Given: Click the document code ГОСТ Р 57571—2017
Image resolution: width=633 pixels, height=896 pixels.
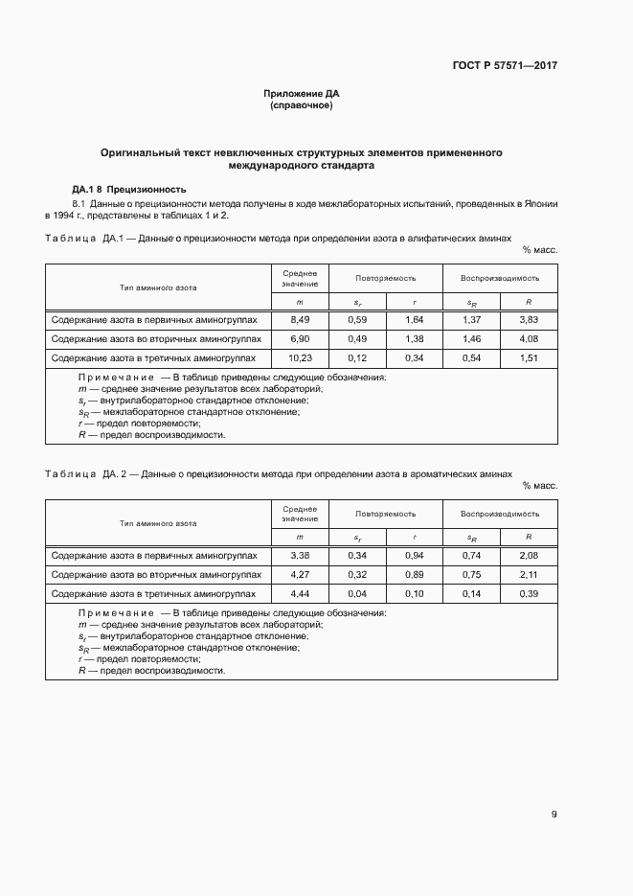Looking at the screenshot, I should tap(504, 66).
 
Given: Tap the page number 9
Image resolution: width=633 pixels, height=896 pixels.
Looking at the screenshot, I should tap(554, 815).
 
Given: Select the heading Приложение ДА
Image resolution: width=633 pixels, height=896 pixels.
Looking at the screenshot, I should tap(302, 94).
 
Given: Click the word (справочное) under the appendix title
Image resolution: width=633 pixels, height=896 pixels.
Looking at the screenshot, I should tap(302, 105).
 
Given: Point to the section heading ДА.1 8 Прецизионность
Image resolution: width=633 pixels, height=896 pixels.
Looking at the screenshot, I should tap(128, 189).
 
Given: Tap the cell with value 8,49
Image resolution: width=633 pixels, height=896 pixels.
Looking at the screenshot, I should tap(300, 319).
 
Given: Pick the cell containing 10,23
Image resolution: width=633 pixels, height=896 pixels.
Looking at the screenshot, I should tap(300, 357).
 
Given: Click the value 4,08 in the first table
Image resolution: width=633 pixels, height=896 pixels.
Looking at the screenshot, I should tap(529, 338).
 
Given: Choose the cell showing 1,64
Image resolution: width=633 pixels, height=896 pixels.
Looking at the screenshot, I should tap(414, 319).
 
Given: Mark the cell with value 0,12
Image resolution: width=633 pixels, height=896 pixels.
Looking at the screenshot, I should tap(357, 357).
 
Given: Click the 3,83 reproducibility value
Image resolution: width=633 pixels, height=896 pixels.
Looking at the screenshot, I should tap(529, 319).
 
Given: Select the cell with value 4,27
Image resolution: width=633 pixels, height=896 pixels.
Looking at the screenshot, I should tap(300, 575).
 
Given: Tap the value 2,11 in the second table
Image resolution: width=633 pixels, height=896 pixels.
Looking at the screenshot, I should tap(529, 575).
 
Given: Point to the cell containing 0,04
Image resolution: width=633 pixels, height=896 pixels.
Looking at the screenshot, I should tap(357, 594).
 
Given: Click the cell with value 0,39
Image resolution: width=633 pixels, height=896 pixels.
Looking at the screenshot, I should tap(529, 594).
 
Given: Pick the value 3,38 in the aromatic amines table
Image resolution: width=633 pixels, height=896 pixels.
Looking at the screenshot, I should tap(300, 556).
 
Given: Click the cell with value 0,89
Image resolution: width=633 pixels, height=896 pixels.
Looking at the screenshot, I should tap(414, 575).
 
